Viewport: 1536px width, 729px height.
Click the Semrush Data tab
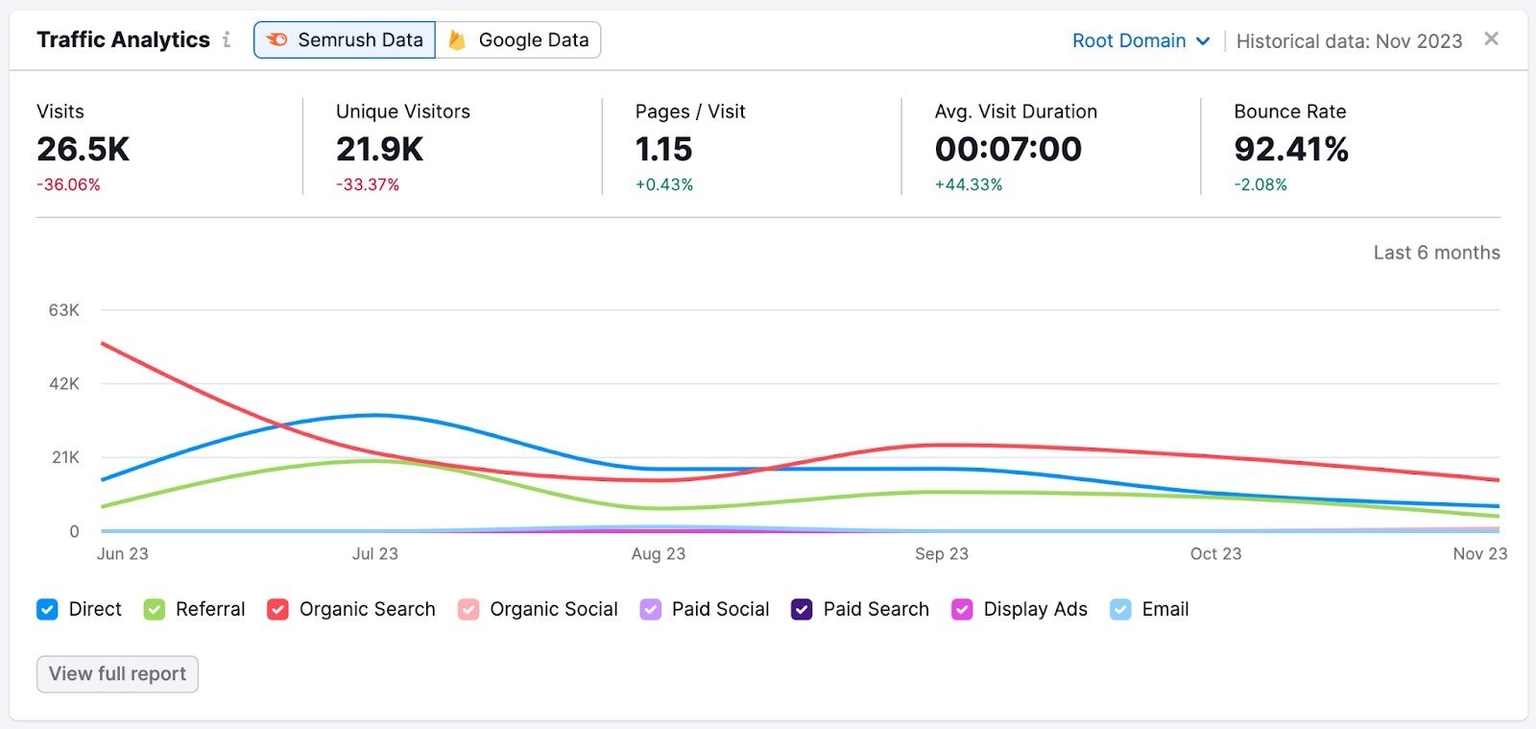345,40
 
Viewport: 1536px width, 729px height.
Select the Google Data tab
518,40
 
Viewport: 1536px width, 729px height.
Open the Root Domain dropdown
1140,41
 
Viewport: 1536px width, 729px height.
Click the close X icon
1491,39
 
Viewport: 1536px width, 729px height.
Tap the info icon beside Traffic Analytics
227,40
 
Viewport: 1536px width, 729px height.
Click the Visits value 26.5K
83,150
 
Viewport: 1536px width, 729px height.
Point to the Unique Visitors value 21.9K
379,150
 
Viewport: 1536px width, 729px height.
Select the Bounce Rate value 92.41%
1290,150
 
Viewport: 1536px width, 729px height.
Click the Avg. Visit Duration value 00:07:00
1008,150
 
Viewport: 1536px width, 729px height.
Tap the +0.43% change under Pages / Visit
663,184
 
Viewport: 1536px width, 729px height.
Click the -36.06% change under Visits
68,184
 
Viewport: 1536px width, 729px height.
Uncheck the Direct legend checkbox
47,610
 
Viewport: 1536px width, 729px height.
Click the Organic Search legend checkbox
277,610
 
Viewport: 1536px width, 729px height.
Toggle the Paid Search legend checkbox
802,610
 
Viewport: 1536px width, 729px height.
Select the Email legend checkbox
1120,610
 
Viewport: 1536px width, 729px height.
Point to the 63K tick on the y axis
63,310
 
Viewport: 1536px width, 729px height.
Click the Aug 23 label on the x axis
658,554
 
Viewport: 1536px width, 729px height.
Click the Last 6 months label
1436,253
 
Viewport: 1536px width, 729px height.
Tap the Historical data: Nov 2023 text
1349,41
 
